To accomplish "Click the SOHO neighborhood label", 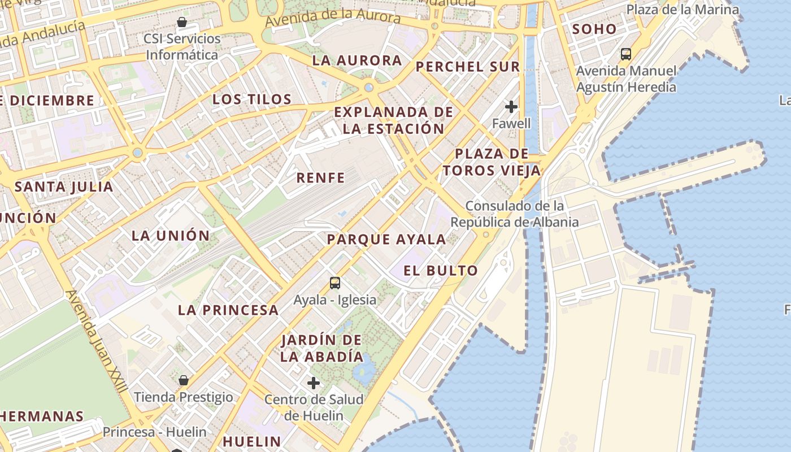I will tap(594, 29).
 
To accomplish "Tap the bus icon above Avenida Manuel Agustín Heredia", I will tap(625, 54).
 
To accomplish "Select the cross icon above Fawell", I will tap(511, 107).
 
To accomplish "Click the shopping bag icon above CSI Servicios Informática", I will tap(182, 23).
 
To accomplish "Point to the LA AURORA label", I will tap(357, 60).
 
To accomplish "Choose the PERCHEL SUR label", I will tap(468, 67).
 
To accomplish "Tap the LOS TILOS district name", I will tap(252, 99).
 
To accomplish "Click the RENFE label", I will tap(320, 178).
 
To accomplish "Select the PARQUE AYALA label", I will tap(386, 239).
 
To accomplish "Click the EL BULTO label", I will tap(441, 271).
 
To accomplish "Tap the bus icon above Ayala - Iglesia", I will tap(335, 282).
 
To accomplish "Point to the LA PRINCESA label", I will tap(228, 310).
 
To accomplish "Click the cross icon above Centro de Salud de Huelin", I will tap(314, 383).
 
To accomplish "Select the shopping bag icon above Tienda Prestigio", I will tap(183, 380).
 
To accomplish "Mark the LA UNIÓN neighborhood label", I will tap(171, 236).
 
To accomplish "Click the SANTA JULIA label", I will tap(64, 186).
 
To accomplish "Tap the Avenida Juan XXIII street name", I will tap(97, 345).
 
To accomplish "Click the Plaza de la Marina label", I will tap(683, 10).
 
